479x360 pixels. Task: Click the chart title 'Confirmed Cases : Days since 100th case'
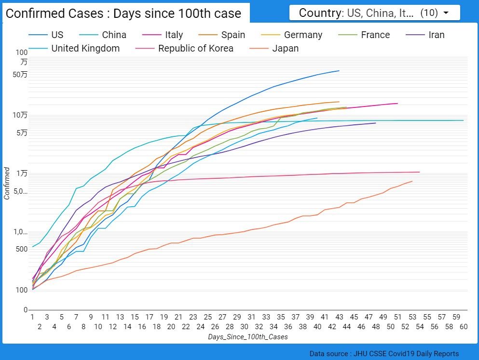123,13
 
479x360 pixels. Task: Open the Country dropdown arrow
446,13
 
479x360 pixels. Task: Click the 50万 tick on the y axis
21,74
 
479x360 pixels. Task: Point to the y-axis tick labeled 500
22,249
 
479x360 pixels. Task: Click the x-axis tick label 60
463,326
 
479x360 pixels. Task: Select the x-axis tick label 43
339,317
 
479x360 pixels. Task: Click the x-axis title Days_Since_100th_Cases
247,337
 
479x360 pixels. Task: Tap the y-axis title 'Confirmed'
7,183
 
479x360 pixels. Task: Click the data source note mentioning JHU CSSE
384,354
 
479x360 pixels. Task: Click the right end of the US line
339,71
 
